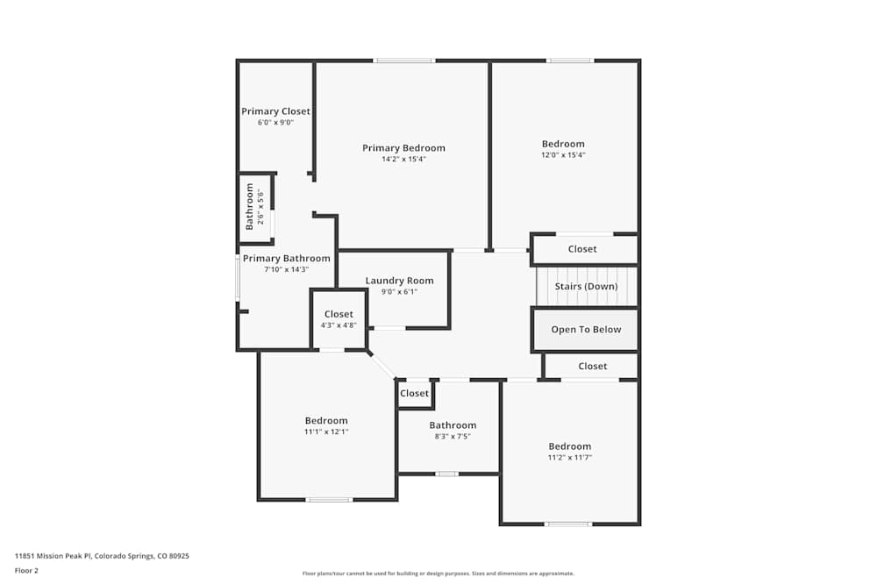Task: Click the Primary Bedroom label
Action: coord(403,148)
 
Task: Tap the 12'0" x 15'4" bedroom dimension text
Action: coord(562,155)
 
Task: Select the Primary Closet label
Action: coord(275,111)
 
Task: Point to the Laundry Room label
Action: coord(399,281)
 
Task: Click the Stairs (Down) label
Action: coord(586,286)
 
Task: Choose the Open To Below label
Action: coord(586,330)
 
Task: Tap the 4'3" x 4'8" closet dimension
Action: coord(339,325)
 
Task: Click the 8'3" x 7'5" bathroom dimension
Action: coord(453,436)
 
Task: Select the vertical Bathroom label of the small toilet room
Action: coord(250,207)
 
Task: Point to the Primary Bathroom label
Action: coord(286,259)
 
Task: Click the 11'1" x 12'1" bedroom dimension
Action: coord(326,432)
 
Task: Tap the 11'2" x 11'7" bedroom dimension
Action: coord(569,457)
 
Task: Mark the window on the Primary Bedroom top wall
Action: coord(403,61)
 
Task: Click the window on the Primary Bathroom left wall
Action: coord(238,279)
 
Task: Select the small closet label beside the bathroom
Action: coord(415,394)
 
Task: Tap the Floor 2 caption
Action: coord(26,570)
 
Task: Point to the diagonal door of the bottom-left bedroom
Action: coord(382,366)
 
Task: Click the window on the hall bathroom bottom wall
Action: coord(447,474)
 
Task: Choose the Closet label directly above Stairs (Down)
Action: coord(582,249)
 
